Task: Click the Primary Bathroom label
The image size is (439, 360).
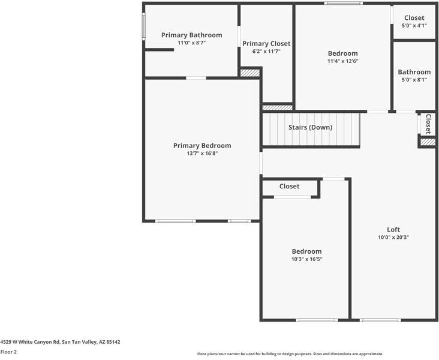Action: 191,35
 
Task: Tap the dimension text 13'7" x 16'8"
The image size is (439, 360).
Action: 202,153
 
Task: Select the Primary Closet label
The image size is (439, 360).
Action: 266,43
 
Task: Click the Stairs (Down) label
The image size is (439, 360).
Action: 310,127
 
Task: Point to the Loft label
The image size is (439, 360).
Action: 393,229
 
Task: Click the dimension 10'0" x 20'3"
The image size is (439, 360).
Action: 393,237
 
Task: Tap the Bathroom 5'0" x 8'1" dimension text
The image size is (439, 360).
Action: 414,79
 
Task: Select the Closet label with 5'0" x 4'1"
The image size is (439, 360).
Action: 414,18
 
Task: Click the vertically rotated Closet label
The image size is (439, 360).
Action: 428,124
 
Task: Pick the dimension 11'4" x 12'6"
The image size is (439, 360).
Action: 342,61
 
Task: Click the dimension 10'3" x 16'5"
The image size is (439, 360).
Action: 306,259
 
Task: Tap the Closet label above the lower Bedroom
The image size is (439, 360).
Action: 289,186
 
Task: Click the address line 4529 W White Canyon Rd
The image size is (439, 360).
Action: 60,342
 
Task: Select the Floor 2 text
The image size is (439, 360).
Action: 8,352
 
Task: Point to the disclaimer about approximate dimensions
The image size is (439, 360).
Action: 290,354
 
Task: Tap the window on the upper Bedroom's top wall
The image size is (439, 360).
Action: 343,4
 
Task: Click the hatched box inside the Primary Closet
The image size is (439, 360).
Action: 249,73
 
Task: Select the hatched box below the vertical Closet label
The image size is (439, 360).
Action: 428,142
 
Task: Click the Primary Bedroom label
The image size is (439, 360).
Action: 202,145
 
